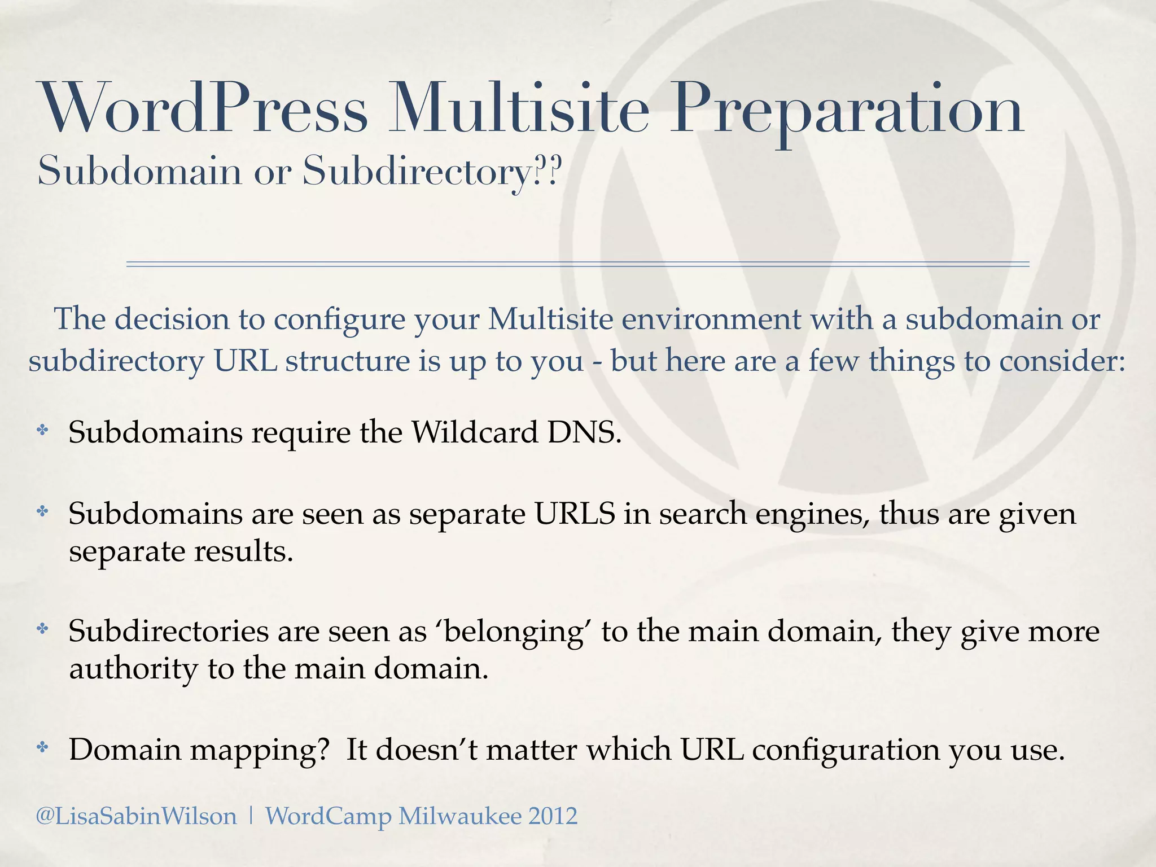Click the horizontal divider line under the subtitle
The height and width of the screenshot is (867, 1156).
[577, 264]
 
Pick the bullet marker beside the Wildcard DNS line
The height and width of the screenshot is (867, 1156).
[42, 431]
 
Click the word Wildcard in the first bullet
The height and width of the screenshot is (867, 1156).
[474, 433]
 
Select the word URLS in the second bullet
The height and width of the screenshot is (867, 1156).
[575, 514]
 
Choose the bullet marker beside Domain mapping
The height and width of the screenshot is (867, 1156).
[42, 748]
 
